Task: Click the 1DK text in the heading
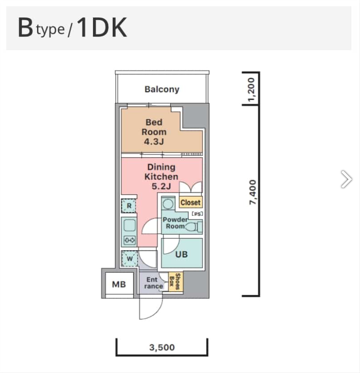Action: click(101, 28)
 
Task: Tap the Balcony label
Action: click(162, 89)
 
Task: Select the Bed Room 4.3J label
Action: click(154, 132)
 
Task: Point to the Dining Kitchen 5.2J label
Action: click(161, 176)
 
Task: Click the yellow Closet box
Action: click(190, 202)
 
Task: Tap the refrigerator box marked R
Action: click(129, 206)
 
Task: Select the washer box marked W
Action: click(129, 259)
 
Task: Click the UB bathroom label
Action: click(182, 254)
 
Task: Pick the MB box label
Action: click(119, 284)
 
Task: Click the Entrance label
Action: click(153, 283)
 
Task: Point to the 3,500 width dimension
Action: click(162, 347)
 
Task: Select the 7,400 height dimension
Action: click(252, 192)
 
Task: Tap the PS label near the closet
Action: click(197, 214)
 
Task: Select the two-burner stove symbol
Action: click(129, 240)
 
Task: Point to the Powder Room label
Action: click(175, 223)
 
